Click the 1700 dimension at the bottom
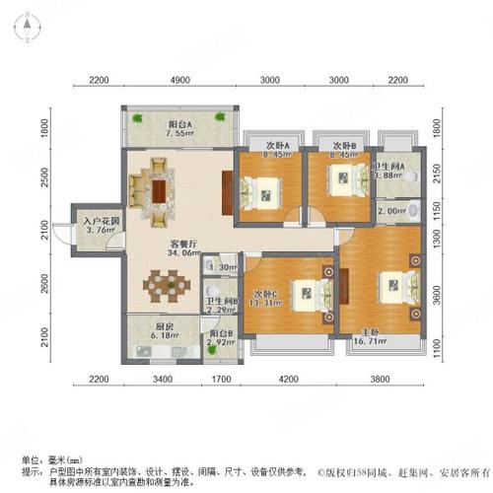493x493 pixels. [x=222, y=379]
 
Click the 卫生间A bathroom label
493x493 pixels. [x=400, y=166]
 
